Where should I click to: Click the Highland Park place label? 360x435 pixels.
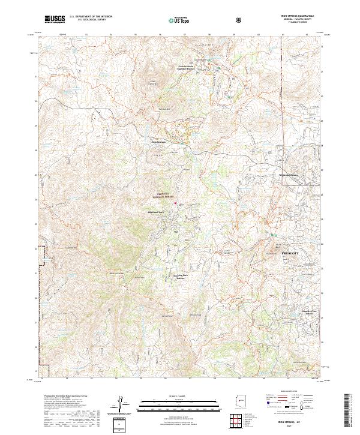[156, 212]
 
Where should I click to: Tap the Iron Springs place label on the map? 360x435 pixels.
[158, 142]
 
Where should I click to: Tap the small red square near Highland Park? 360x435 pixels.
[175, 203]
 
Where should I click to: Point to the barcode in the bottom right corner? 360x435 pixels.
[349, 410]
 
